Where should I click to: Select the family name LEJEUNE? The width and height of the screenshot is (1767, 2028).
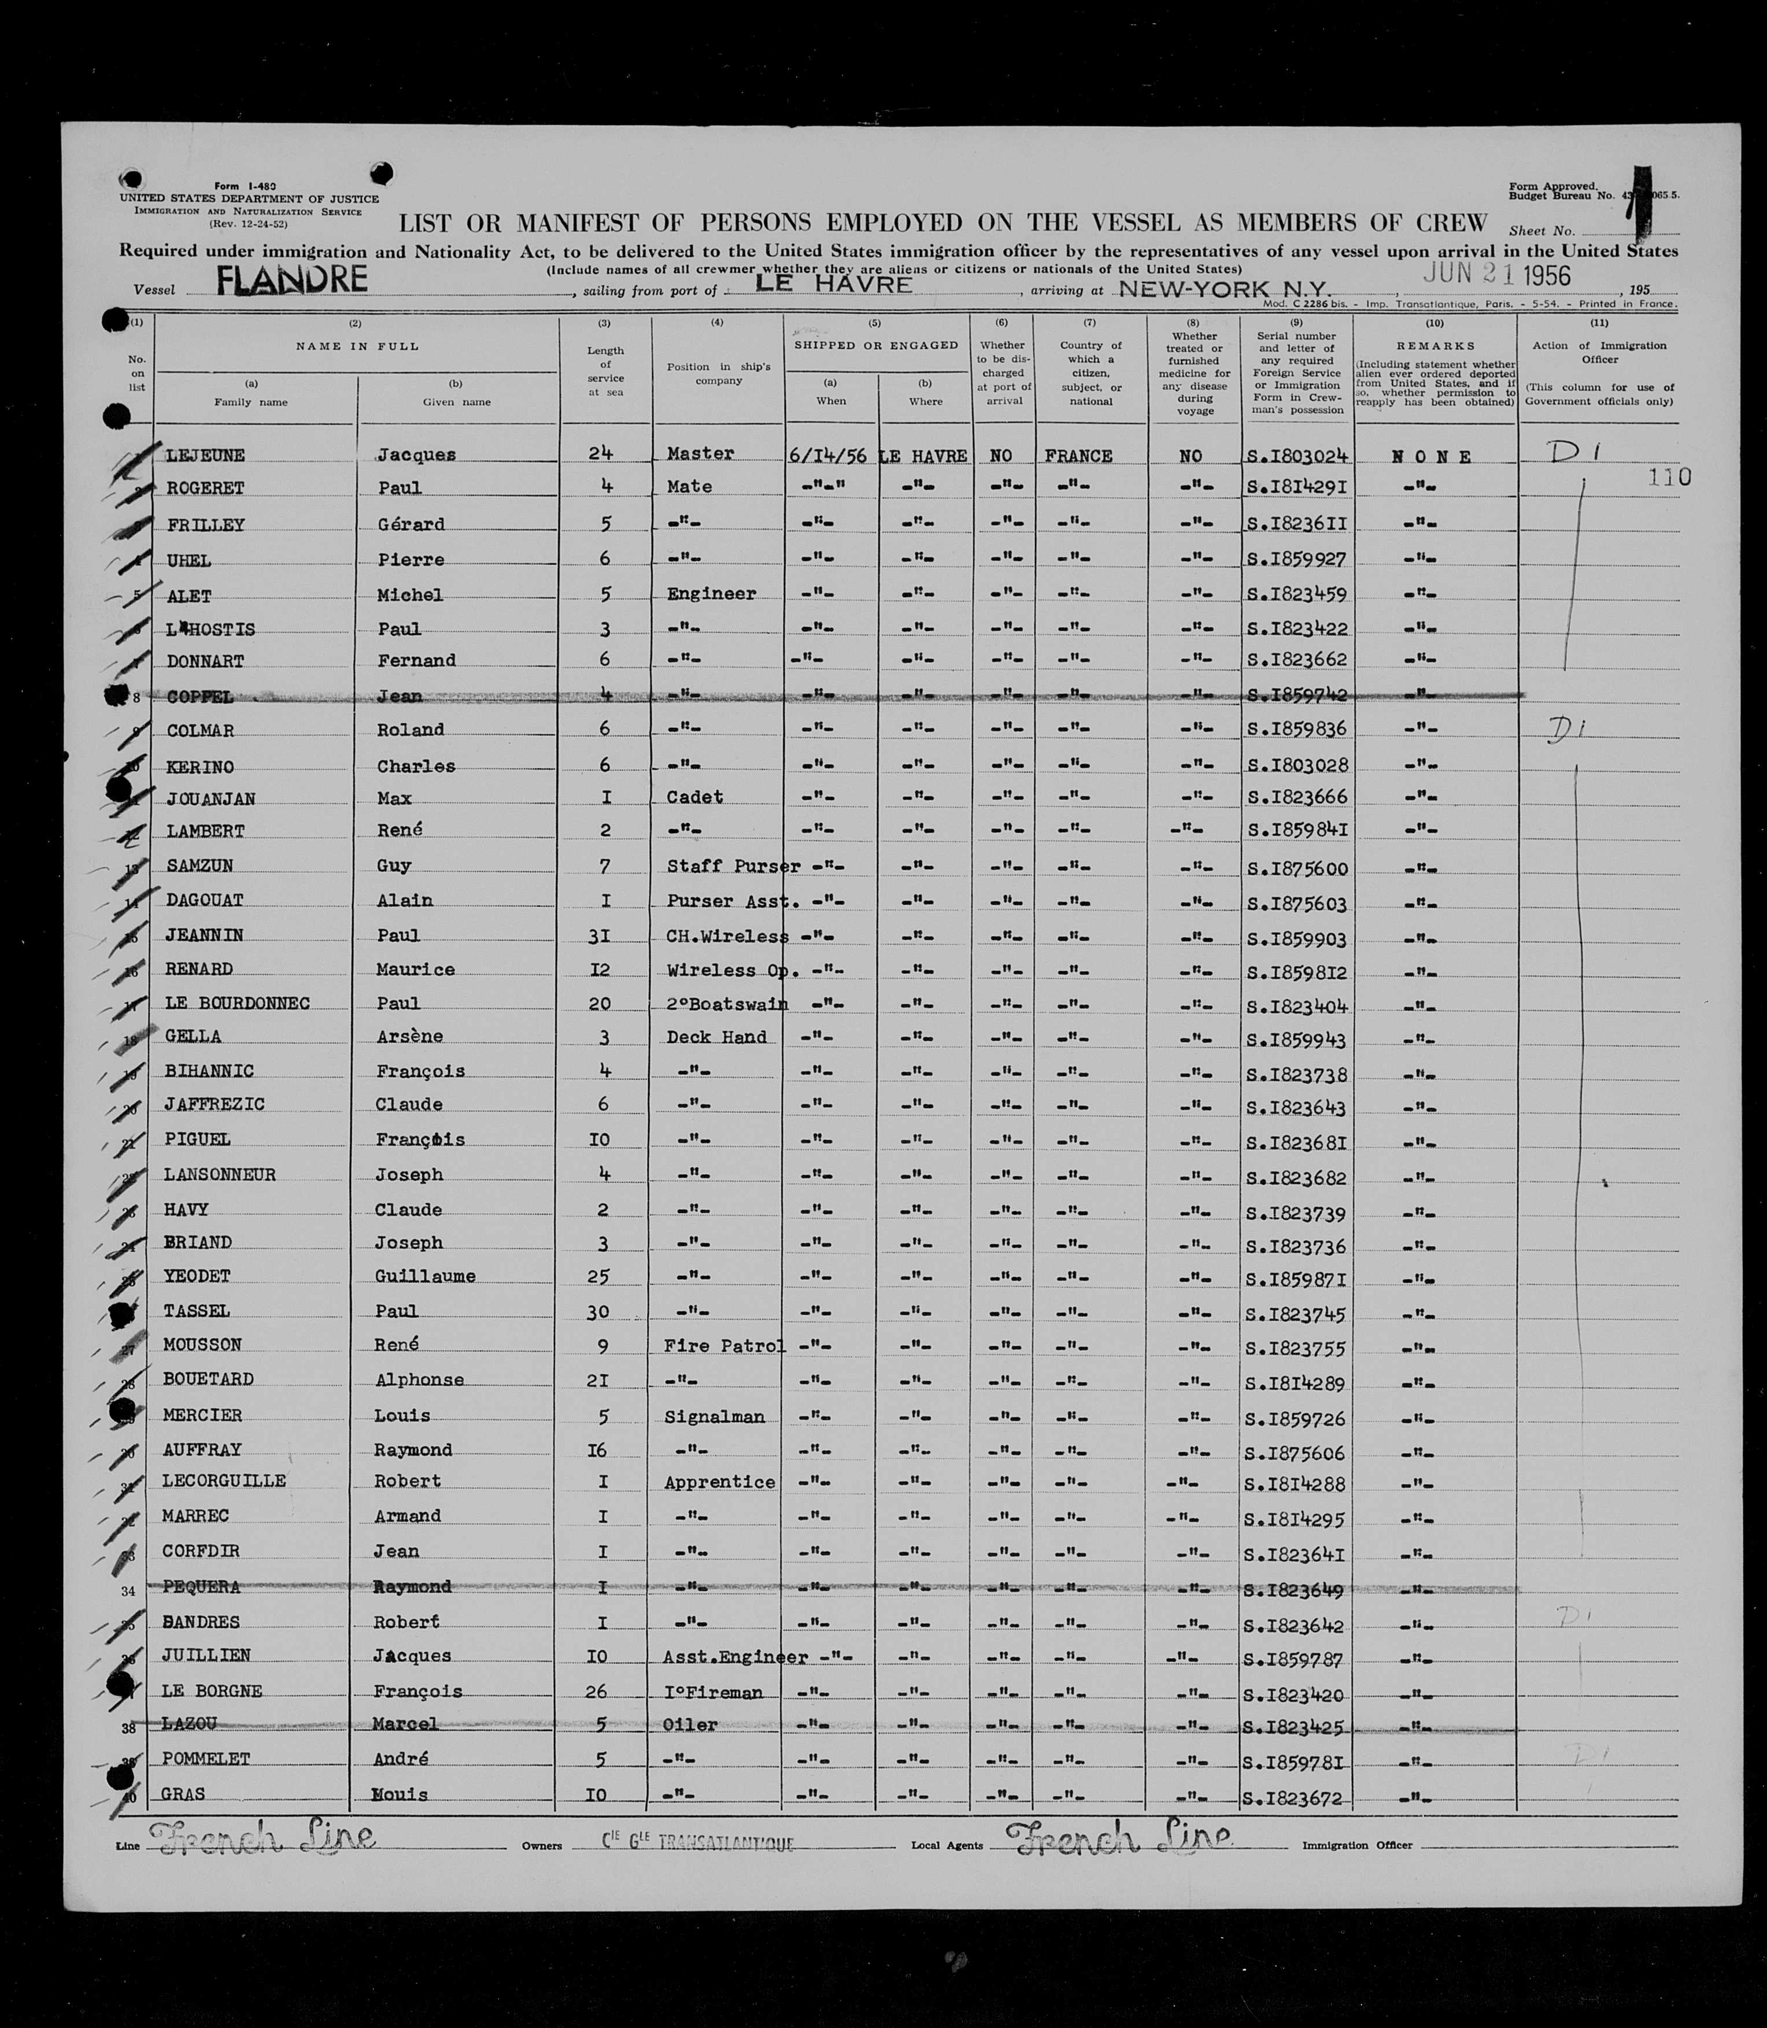click(205, 456)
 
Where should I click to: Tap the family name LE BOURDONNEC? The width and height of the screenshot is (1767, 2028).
click(236, 1004)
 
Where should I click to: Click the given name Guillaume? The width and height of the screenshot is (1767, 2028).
click(425, 1276)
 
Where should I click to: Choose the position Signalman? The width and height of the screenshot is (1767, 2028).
click(715, 1417)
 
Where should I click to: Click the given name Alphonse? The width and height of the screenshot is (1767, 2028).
click(419, 1379)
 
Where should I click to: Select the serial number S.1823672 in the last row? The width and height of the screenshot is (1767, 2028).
click(1293, 1798)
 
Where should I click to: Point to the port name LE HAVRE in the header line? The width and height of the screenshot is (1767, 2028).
click(833, 284)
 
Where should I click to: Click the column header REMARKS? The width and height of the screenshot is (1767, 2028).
click(1435, 346)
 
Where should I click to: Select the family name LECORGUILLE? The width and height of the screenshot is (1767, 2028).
click(224, 1481)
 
